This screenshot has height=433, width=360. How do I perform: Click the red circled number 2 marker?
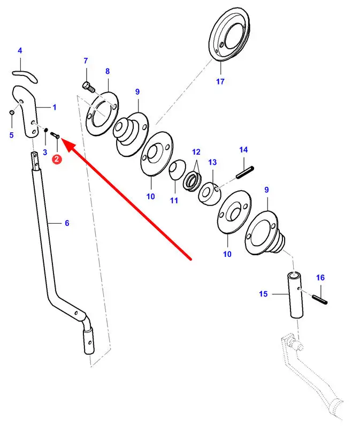point(57,158)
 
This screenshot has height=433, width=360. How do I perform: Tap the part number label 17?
point(220,81)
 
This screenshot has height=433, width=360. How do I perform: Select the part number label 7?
point(85,61)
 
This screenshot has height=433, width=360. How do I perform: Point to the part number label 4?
point(20,51)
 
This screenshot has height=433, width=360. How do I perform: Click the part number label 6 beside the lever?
point(67,223)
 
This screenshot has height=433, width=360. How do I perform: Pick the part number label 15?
point(263,294)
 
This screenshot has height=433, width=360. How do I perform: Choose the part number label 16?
point(320,278)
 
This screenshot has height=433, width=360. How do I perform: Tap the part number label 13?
point(212,162)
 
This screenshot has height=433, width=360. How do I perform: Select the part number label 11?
point(174,200)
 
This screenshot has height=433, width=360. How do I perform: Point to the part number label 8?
point(107,71)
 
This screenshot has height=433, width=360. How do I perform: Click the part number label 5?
point(11,135)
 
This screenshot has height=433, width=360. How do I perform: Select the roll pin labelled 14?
point(244,172)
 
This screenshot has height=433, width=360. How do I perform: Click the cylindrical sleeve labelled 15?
point(295,294)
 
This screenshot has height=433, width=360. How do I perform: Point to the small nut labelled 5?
point(11,112)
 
